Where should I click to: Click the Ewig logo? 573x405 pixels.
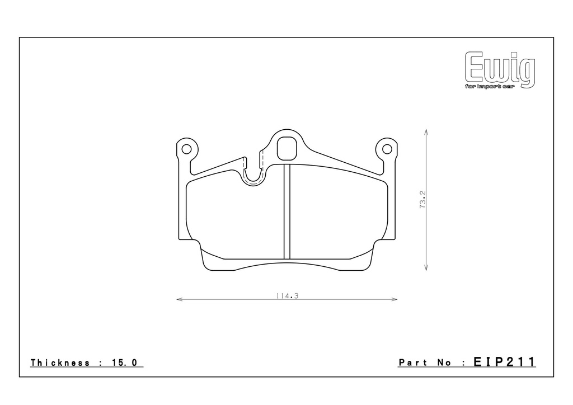point(500,70)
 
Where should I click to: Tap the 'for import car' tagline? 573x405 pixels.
point(490,87)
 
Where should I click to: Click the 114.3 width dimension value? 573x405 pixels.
point(287,296)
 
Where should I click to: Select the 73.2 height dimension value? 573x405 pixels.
point(422,199)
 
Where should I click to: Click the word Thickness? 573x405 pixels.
point(60,362)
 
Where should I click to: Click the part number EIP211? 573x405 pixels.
point(504,362)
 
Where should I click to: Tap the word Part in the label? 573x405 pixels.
point(413,362)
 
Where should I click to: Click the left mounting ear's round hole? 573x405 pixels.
point(186,149)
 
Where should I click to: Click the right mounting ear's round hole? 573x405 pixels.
point(387,149)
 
